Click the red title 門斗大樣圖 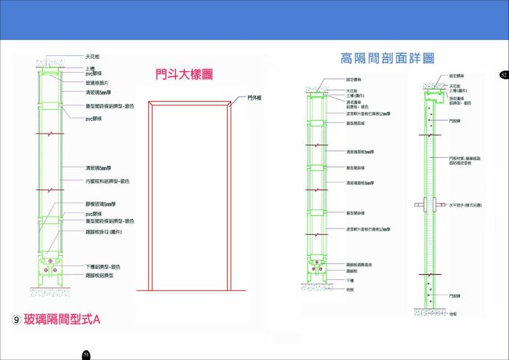183,74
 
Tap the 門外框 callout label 254,97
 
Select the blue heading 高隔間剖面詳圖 387,58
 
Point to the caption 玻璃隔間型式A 61,319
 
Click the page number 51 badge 86,354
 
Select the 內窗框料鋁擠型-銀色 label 108,180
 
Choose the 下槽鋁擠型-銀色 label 103,267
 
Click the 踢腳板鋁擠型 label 100,276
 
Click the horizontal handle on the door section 428,206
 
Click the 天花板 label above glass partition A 92,55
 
